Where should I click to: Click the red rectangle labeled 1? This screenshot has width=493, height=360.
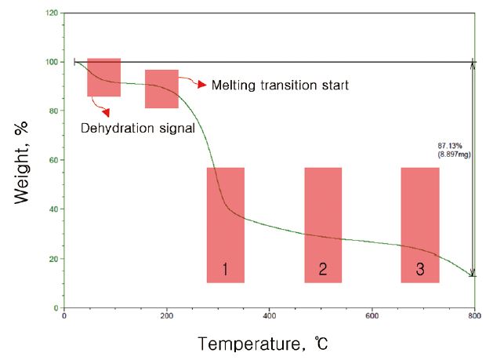[x=226, y=225]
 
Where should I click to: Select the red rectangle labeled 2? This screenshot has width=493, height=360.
[x=323, y=225]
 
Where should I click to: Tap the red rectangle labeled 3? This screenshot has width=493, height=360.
[x=420, y=225]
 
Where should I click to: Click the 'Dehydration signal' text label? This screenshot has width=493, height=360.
[x=138, y=128]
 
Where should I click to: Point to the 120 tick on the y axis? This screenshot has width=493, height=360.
[x=52, y=13]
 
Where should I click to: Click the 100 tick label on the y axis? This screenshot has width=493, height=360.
[x=52, y=62]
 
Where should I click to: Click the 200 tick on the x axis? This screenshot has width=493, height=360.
[x=166, y=316]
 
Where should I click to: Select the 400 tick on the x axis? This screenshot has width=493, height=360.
[x=269, y=316]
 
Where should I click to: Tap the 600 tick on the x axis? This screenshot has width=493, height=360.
[x=372, y=316]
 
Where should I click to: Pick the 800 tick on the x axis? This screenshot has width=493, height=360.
[x=473, y=316]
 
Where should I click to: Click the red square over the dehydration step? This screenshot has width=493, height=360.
[x=103, y=77]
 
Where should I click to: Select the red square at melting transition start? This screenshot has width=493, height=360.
[x=161, y=89]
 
